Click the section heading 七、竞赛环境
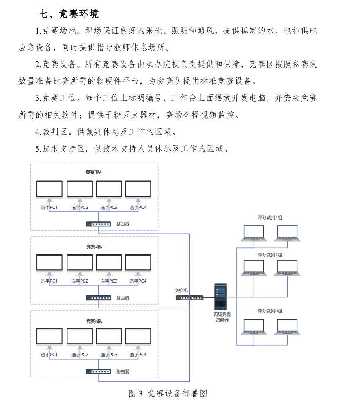[68, 14]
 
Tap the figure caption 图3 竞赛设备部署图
[168, 394]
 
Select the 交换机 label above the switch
[181, 290]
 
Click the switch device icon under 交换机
[189, 298]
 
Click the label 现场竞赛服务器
[222, 317]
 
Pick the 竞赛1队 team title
[94, 172]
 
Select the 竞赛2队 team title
[94, 247]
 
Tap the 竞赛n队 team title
[94, 321]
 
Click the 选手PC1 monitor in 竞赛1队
[49, 190]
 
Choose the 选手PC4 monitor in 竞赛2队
[138, 263]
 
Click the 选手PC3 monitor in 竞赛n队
[109, 337]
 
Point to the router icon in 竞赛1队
[99, 224]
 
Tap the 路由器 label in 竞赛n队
[123, 371]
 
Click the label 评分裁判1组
[270, 217]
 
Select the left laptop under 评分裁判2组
[254, 267]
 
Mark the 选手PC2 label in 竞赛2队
[80, 281]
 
